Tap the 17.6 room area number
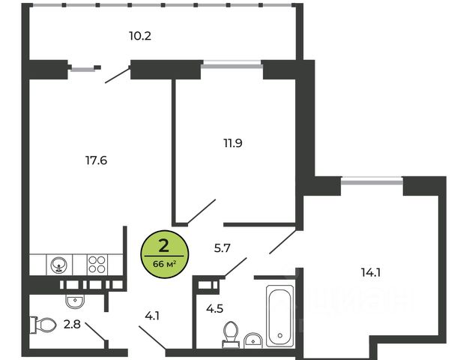click(97, 159)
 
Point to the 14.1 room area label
click(370, 273)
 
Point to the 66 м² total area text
click(163, 263)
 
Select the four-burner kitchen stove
click(97, 264)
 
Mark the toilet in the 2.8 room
click(44, 325)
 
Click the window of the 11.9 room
click(232, 66)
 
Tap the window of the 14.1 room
click(372, 180)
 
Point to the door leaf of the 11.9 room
click(202, 211)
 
